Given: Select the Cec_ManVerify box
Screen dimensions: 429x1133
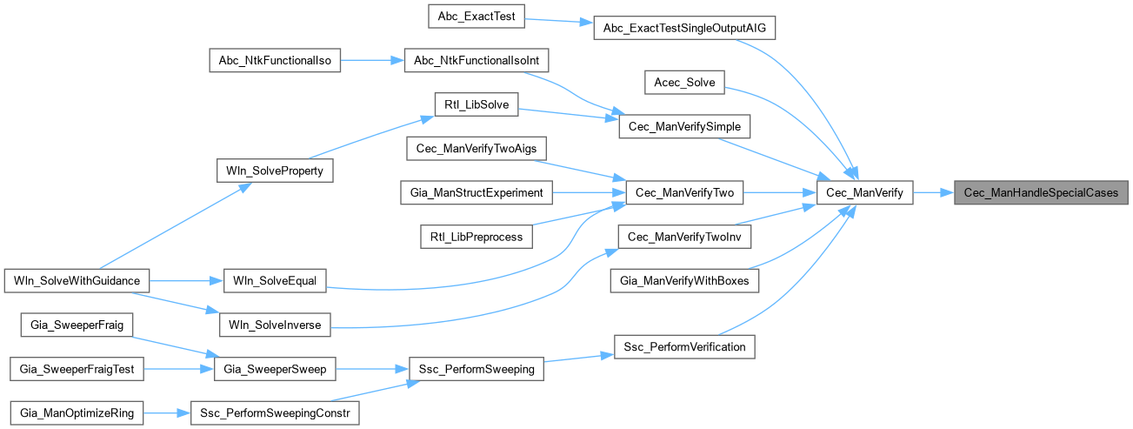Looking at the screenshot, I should [x=864, y=193].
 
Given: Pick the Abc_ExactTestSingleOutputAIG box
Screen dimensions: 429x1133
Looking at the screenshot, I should [x=683, y=28].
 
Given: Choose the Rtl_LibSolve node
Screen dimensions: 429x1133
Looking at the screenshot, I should [x=477, y=105].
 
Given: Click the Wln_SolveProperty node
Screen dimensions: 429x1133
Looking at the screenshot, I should [x=274, y=171].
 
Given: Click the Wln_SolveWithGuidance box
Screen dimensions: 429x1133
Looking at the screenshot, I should [x=77, y=280].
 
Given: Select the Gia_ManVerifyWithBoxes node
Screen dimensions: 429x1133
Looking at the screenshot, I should [x=685, y=281].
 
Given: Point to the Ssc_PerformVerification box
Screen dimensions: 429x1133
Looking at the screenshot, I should [x=685, y=346].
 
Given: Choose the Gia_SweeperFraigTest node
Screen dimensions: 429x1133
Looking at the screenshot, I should [x=77, y=369].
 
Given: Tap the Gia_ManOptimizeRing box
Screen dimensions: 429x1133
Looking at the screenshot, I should [x=77, y=413].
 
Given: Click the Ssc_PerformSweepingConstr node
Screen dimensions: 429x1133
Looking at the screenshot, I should [x=274, y=413].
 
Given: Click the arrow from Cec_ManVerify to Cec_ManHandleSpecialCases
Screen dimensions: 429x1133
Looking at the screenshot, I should [x=932, y=193].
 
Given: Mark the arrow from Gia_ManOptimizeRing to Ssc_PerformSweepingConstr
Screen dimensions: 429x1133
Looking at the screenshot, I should [x=167, y=413].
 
